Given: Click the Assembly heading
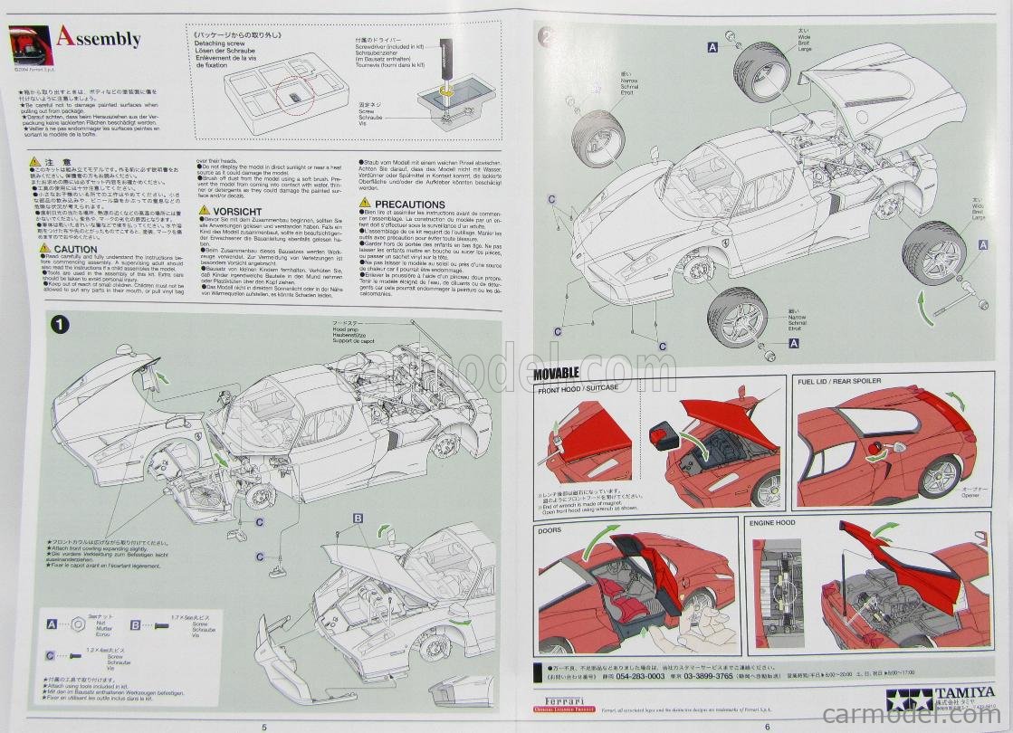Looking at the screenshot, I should [98, 38].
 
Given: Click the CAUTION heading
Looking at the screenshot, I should [75, 249].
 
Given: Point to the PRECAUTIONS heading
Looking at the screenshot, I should [409, 205].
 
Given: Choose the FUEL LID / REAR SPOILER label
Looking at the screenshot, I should [839, 381].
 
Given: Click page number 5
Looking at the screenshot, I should [263, 726].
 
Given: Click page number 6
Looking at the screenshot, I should [767, 726].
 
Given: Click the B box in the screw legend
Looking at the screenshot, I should [136, 624].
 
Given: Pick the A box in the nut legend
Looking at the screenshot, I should [53, 624].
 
